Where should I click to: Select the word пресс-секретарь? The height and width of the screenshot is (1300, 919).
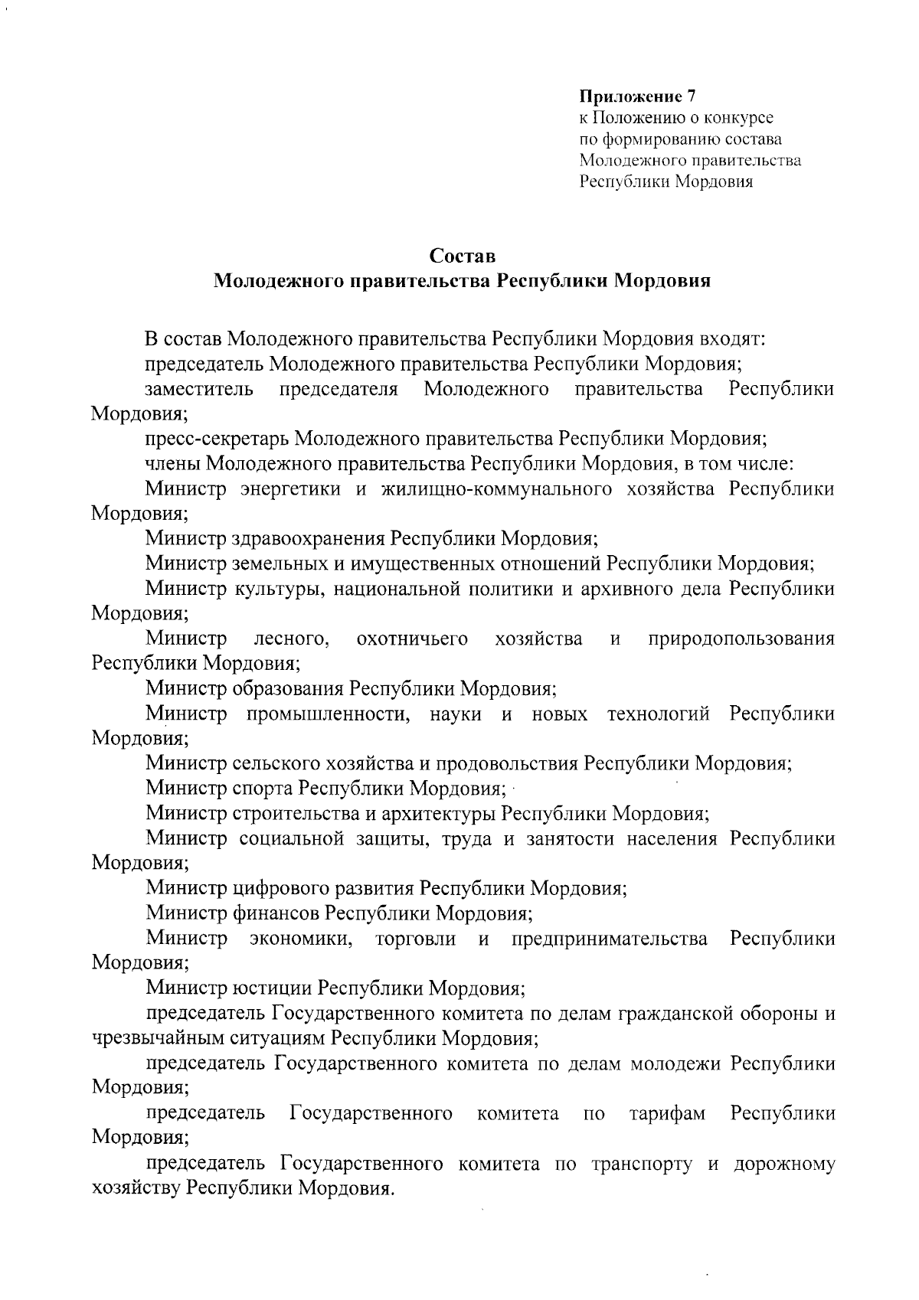[x=217, y=439]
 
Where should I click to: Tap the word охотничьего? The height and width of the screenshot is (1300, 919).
[x=412, y=639]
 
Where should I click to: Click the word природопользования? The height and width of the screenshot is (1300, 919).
[x=741, y=639]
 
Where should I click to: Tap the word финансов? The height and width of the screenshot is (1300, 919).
[x=275, y=913]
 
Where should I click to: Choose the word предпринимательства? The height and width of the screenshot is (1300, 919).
[x=609, y=938]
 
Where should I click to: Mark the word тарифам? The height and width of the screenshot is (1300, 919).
[x=666, y=1112]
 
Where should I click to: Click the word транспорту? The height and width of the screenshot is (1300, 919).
[x=642, y=1164]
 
